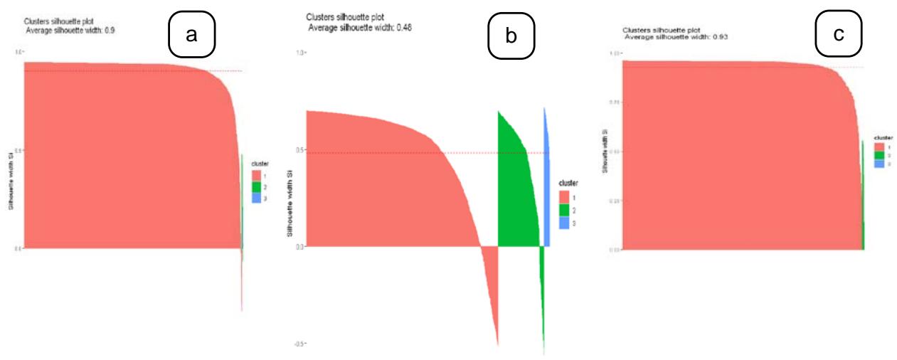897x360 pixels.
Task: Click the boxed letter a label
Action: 191,35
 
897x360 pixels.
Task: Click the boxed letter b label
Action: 511,36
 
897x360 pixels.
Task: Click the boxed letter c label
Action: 839,33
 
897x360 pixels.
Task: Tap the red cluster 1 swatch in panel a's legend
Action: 256,175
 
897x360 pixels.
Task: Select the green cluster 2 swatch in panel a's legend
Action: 256,186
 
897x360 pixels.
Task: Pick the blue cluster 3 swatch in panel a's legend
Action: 256,198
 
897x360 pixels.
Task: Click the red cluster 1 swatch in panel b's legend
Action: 564,197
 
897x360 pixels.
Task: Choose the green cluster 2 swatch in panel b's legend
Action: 564,210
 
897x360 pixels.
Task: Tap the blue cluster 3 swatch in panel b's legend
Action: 564,223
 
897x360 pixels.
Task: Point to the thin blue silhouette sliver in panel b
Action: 546,178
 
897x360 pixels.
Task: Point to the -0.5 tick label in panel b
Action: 300,344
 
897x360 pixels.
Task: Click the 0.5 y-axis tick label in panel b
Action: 300,150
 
